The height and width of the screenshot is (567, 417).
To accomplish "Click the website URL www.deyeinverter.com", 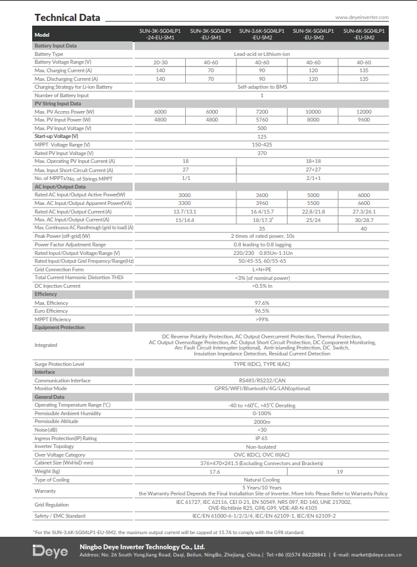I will pyautogui.click(x=362, y=18).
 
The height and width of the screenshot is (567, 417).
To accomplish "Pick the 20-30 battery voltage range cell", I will pyautogui.click(x=160, y=62).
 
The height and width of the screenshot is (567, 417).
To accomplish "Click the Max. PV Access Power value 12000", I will pyautogui.click(x=364, y=112).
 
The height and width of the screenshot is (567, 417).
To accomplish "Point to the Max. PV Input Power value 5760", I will pyautogui.click(x=262, y=120).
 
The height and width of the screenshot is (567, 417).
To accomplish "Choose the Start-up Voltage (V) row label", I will pyautogui.click(x=60, y=136).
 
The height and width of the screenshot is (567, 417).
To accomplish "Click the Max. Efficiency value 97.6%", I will pyautogui.click(x=262, y=303).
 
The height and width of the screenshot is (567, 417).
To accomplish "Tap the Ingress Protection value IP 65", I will pyautogui.click(x=262, y=438).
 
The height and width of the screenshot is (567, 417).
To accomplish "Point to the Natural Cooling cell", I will pyautogui.click(x=262, y=480).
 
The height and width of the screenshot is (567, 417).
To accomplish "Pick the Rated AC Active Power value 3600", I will pyautogui.click(x=262, y=195).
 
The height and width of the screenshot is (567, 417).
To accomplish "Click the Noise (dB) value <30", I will pyautogui.click(x=262, y=430).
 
